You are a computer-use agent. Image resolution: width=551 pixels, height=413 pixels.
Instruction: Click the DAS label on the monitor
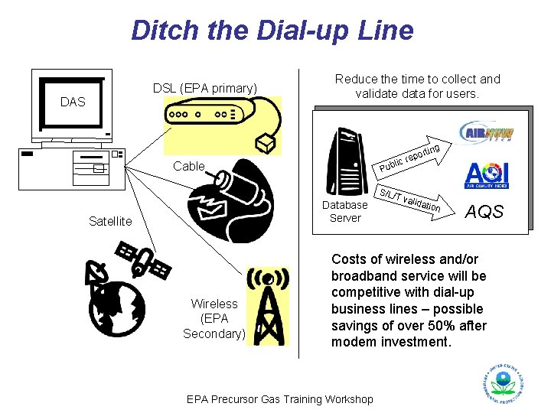click(73, 102)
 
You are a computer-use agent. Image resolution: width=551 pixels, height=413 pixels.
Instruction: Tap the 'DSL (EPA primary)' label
click(204, 88)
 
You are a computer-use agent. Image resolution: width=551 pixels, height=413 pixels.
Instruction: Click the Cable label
click(189, 166)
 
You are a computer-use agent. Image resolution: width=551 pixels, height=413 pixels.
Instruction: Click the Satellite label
click(110, 222)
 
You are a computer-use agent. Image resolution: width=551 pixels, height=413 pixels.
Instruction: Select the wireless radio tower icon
click(266, 306)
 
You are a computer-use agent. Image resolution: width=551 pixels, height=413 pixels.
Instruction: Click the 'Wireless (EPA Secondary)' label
click(214, 318)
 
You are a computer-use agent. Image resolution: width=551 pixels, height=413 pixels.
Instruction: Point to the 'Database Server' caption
click(345, 211)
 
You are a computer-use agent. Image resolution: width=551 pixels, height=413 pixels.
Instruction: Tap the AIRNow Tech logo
click(486, 132)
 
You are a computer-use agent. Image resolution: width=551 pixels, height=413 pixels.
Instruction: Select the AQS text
click(485, 212)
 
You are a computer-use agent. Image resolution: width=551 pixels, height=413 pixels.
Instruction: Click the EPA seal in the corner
click(503, 383)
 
